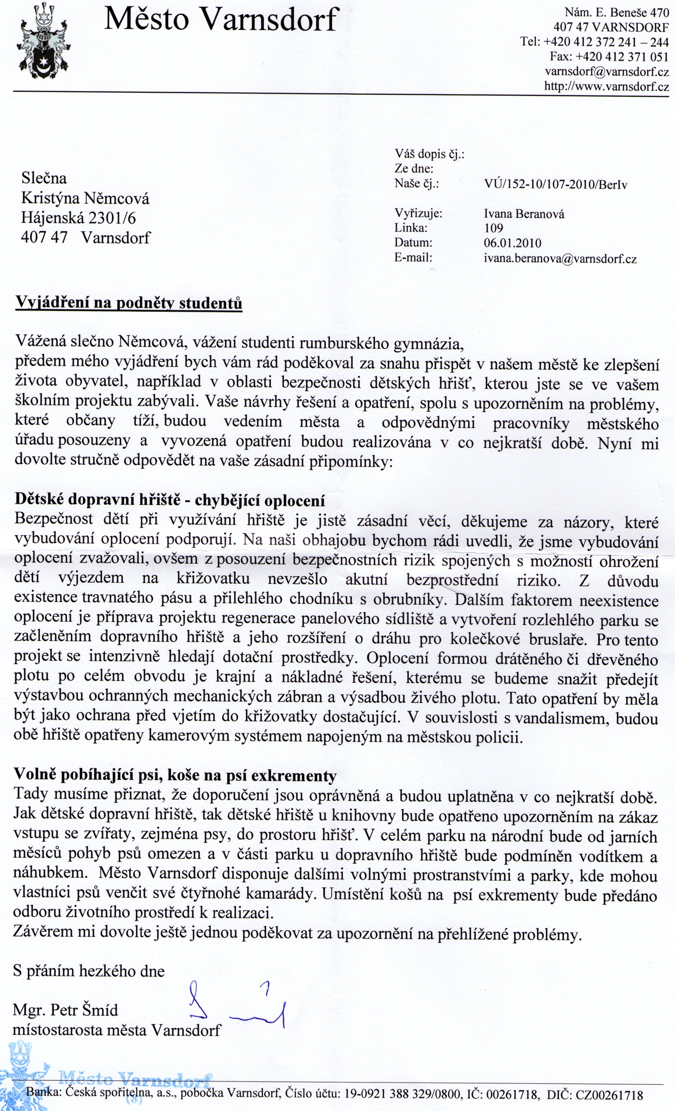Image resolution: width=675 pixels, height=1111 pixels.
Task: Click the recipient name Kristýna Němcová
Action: coord(85,199)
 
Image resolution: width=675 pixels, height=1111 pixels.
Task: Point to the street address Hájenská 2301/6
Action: coord(78,218)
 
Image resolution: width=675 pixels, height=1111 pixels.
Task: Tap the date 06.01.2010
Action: coord(512,243)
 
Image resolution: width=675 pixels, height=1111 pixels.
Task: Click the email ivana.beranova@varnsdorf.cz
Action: coord(560,259)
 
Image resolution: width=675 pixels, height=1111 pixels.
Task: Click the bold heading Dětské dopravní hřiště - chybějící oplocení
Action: coord(170,500)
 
